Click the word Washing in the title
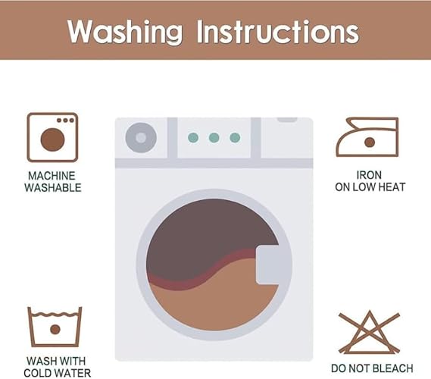pos(125,32)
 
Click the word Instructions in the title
pos(278,32)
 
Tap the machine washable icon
pos(52,137)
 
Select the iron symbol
pos(367,137)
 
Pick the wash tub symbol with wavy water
pos(55,327)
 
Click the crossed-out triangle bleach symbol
pos(369,332)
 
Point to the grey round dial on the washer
pos(141,137)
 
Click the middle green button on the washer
pos(214,137)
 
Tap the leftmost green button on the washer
pos(193,137)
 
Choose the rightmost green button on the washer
pos(235,137)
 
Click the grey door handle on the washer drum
pos(268,265)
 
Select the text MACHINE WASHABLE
pos(52,182)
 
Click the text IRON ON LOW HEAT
pos(370,181)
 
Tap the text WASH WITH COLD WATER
pos(57,367)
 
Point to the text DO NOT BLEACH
pos(372,368)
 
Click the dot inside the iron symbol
pos(370,143)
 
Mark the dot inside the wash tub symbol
pos(55,329)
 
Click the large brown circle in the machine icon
pos(52,139)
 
